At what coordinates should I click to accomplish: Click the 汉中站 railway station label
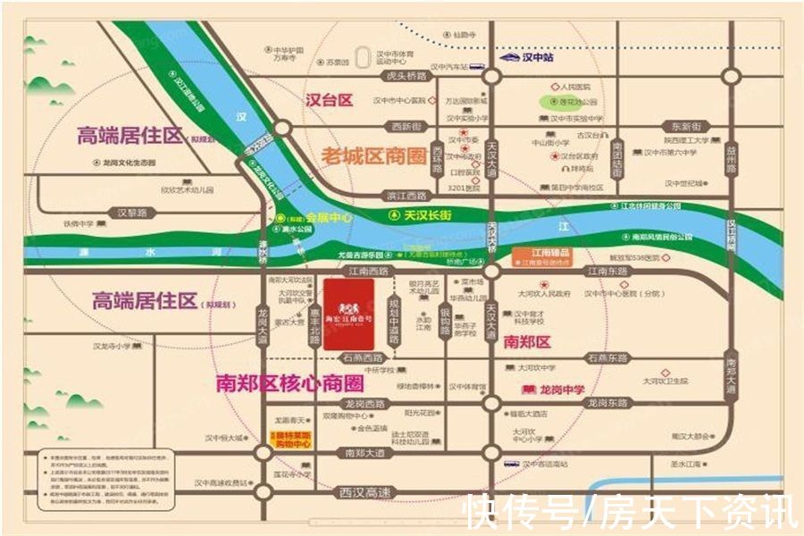pos(539,57)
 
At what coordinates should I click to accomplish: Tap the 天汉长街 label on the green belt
pos(427,215)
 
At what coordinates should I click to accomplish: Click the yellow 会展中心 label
pos(328,217)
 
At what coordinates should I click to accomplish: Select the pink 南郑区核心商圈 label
pos(290,384)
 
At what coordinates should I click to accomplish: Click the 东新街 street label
pos(688,127)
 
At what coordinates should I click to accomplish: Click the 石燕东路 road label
pos(608,357)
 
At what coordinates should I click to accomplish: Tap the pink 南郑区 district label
pos(529,340)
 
